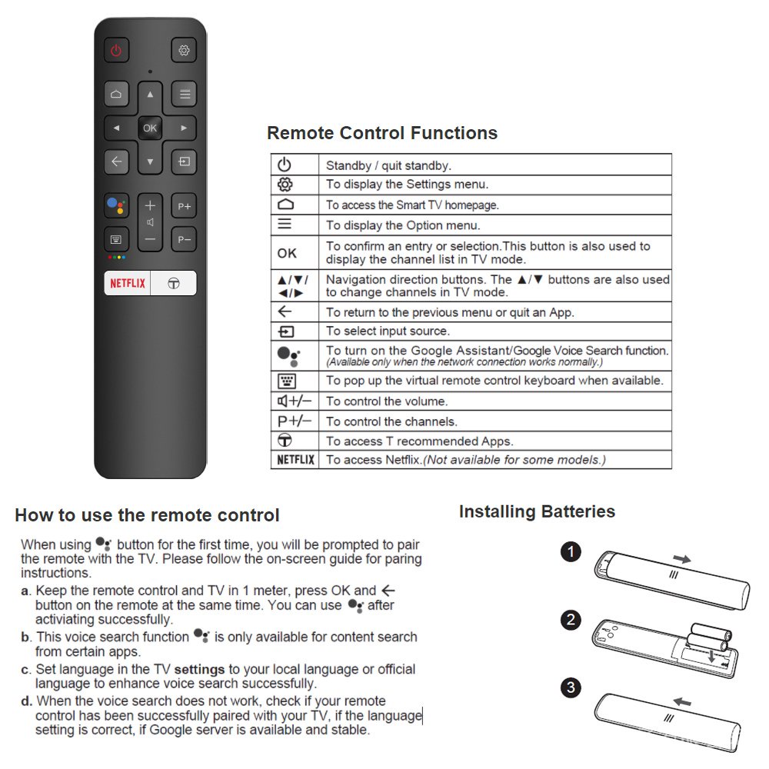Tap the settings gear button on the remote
[x=184, y=51]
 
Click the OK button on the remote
[x=150, y=128]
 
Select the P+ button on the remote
[x=184, y=206]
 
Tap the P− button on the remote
[x=184, y=239]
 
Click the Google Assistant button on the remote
[x=116, y=206]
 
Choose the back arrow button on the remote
[x=116, y=161]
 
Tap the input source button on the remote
[x=184, y=161]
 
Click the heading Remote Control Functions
[x=382, y=133]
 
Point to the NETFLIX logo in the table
[x=295, y=460]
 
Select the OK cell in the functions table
[x=287, y=253]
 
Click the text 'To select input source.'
[x=387, y=331]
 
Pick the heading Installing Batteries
[x=537, y=511]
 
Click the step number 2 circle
[x=571, y=620]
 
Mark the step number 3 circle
[x=571, y=687]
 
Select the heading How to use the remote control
[x=147, y=515]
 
